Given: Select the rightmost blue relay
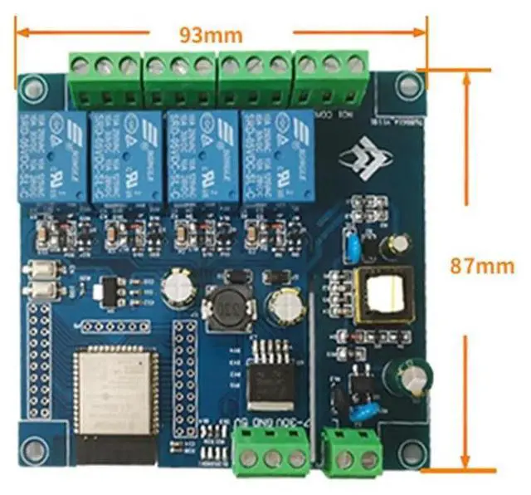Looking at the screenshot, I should pos(277,157).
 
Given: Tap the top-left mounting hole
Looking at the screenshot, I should pos(32,86).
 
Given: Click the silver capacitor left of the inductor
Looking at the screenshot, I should pos(177,288).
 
